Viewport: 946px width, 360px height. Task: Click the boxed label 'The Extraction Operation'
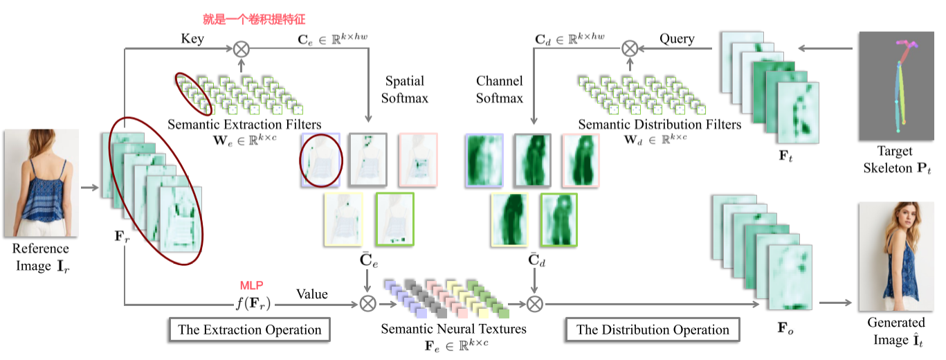click(249, 330)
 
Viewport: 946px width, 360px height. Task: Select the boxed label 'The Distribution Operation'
click(653, 330)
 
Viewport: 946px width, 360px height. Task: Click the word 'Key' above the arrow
click(192, 39)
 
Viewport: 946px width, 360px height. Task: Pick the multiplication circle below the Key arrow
click(241, 48)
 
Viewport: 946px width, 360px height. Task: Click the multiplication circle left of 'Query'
click(629, 48)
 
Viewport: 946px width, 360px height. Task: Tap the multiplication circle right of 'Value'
click(367, 303)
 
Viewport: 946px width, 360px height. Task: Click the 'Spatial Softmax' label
click(405, 90)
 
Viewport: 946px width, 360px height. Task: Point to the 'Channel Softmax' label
click(500, 90)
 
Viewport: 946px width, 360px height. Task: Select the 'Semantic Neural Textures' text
click(453, 328)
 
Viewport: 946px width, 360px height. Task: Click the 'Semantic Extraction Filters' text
click(244, 125)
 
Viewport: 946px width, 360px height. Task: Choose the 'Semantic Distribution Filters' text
click(660, 125)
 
